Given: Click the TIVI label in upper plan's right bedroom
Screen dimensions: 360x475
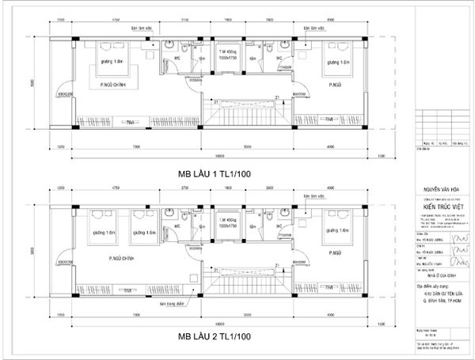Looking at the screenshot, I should pyautogui.click(x=327, y=119).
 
